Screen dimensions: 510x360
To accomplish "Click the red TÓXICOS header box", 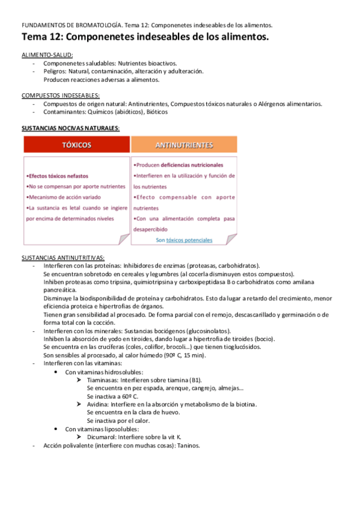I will (x=76, y=145).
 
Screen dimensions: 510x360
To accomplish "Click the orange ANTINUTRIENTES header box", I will (x=183, y=145).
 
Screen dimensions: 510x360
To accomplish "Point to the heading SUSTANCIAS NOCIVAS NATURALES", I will (x=70, y=127).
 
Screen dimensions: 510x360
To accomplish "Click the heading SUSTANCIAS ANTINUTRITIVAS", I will (x=63, y=257).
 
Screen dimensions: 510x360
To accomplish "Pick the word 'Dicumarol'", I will (x=103, y=437).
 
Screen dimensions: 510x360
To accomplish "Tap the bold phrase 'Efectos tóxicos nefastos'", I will (x=58, y=176).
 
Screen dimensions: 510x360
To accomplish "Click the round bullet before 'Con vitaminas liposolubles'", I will (x=56, y=429).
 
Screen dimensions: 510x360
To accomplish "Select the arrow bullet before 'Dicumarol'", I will (x=80, y=437).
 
